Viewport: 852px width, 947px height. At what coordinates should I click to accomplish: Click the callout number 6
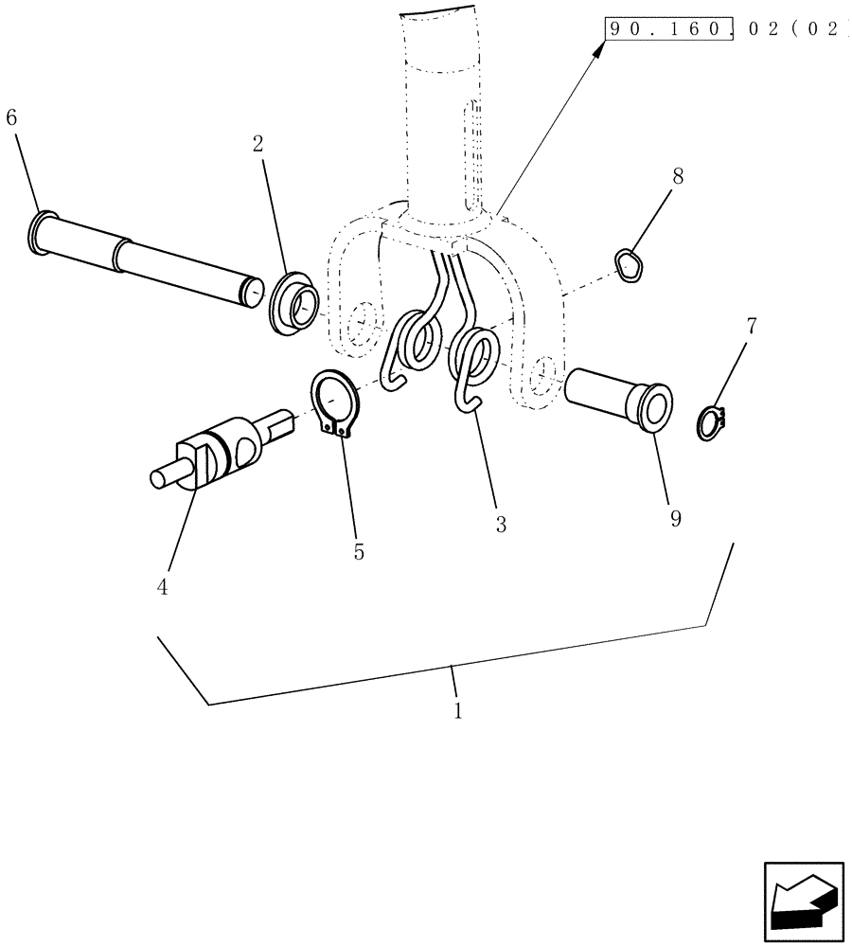click(x=11, y=118)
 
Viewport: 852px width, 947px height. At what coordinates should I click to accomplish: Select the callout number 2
click(x=257, y=144)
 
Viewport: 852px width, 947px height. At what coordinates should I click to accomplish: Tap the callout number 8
click(x=678, y=175)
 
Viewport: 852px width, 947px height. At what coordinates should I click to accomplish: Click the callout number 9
click(x=675, y=519)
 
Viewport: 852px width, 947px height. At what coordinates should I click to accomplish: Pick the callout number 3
click(x=501, y=524)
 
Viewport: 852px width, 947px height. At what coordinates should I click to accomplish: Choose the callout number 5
click(x=359, y=552)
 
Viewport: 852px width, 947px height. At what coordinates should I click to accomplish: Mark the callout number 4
click(x=162, y=587)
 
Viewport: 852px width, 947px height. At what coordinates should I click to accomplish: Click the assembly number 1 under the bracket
click(x=457, y=710)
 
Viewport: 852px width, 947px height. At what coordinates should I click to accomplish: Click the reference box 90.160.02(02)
click(x=724, y=29)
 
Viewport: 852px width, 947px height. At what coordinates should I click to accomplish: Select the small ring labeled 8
click(x=629, y=264)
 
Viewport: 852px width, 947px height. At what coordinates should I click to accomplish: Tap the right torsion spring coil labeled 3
click(x=475, y=360)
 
